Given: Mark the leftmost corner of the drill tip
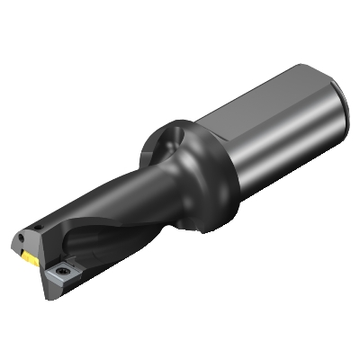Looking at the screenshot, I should tap(14, 243).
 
